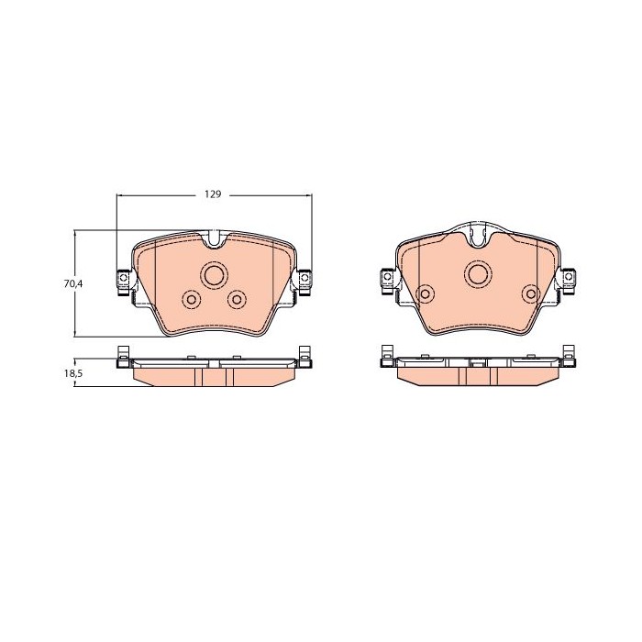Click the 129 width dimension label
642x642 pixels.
(213, 194)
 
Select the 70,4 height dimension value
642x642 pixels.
(73, 283)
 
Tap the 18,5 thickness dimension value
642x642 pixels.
(73, 373)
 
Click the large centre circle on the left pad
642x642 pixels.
(214, 275)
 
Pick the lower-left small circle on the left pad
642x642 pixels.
(191, 300)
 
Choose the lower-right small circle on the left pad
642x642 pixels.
(237, 300)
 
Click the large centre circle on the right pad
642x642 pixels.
(478, 274)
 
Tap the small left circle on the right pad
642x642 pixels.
(425, 293)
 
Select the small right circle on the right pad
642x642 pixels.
(531, 293)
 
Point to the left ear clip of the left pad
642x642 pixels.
(123, 282)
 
